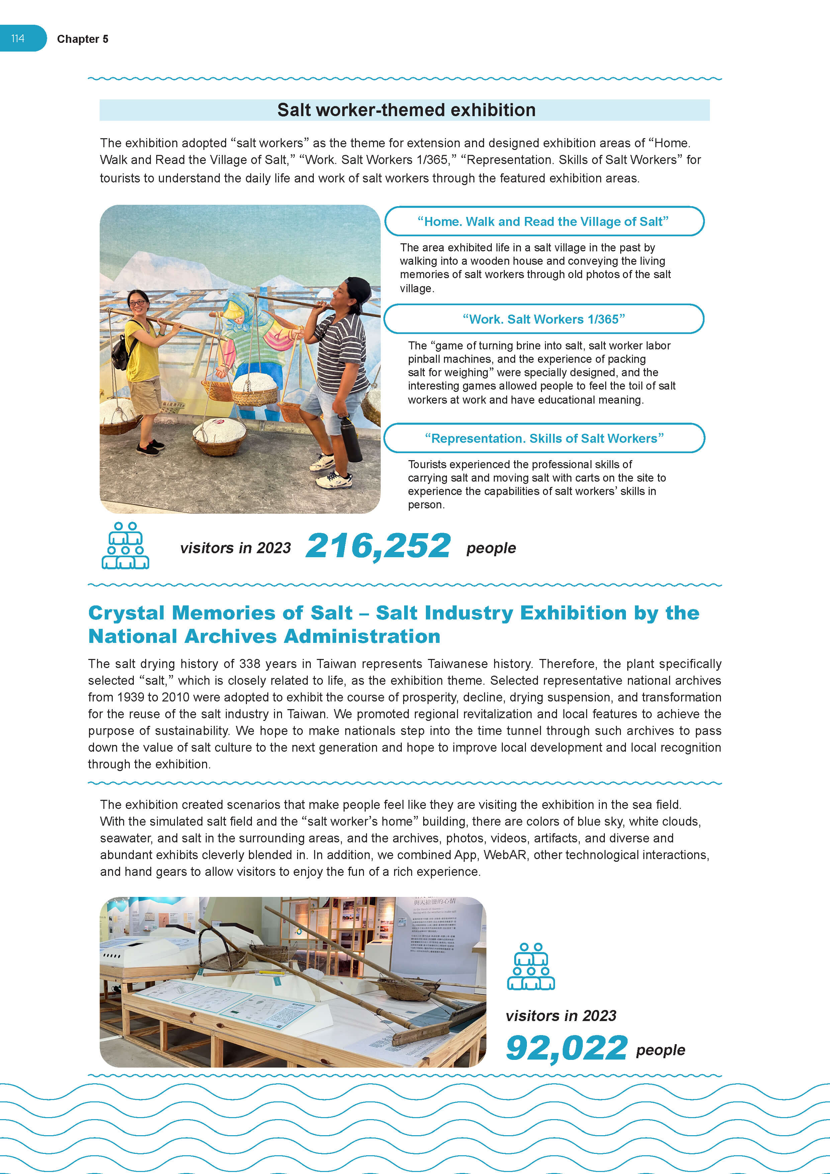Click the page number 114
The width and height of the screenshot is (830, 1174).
18,38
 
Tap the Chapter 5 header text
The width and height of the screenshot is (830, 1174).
82,39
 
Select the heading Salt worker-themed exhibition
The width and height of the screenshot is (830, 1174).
406,110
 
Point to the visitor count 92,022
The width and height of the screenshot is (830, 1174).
566,1048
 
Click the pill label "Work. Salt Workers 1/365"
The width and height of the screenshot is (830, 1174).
544,319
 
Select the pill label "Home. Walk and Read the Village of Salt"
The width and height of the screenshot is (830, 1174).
543,222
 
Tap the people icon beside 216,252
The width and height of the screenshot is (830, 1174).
125,546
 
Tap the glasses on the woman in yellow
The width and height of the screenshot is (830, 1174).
137,303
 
